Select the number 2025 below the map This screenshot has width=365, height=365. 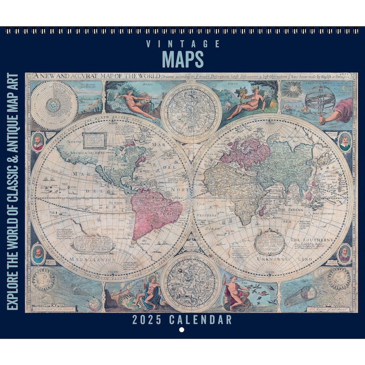(x=146, y=319)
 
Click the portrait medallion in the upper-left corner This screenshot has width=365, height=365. (x=38, y=142)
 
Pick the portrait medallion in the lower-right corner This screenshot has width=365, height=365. (x=344, y=253)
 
